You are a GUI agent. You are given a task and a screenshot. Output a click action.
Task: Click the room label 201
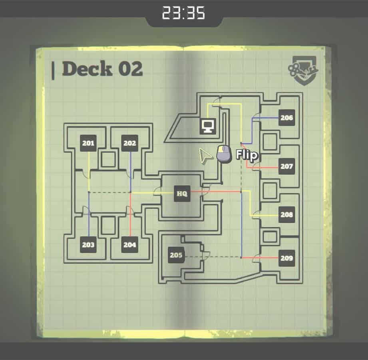pos(88,143)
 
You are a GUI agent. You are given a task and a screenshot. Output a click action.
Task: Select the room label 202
pos(129,143)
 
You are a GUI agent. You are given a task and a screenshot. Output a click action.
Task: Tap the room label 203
pos(88,245)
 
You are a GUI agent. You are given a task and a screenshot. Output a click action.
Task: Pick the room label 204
pos(129,245)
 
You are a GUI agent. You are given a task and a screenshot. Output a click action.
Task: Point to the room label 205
pos(176,255)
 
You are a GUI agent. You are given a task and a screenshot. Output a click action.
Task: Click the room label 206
pos(287,118)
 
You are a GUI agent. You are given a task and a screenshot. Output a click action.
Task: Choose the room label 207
pos(287,166)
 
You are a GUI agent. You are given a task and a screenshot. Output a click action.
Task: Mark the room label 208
pos(287,214)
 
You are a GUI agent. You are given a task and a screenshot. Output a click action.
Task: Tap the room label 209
pos(287,258)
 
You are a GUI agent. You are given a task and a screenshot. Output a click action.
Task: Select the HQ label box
pos(182,194)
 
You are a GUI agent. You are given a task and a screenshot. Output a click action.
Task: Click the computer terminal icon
pos(208,126)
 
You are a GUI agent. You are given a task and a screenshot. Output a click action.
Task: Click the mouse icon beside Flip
pos(224,154)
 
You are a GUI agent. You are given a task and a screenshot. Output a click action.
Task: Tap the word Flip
pos(247,155)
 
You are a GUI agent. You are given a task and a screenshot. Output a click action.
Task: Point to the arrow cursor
pos(204,155)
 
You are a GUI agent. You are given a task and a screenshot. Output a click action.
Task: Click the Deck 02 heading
pos(102,69)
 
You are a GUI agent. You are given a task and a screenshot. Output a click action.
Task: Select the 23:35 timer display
pos(183,13)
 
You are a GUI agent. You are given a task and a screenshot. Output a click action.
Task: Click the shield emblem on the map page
pos(303,70)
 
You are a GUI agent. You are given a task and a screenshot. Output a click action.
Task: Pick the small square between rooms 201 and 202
pos(108,159)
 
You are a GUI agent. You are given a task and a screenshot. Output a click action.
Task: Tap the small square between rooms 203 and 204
pos(108,225)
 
